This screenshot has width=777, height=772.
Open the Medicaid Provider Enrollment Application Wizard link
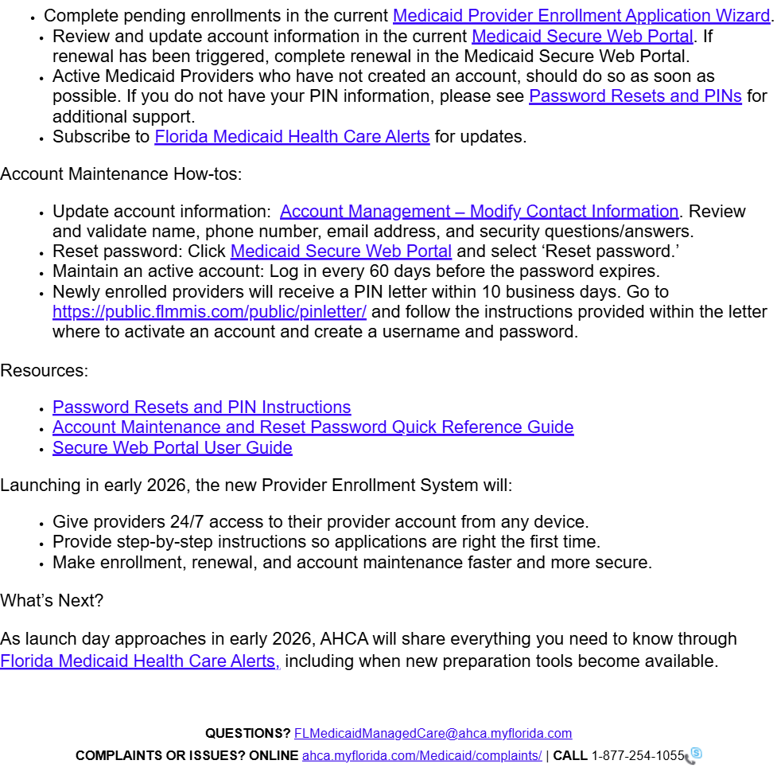point(581,16)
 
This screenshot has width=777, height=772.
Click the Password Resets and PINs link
point(635,96)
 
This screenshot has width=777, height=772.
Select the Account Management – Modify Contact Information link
point(479,212)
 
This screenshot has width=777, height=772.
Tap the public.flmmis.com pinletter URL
point(209,312)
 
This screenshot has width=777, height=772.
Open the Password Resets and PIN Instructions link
point(201,407)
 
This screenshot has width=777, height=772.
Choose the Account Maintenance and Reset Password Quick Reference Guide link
point(313,427)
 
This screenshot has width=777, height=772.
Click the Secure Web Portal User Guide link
point(172,448)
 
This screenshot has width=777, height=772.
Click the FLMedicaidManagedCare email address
point(433,734)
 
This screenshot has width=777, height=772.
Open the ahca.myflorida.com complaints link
point(422,755)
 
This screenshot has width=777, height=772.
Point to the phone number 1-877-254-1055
point(637,755)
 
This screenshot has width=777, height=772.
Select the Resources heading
point(44,371)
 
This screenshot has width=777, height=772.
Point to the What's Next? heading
point(52,601)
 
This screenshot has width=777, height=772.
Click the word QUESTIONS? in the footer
point(247,734)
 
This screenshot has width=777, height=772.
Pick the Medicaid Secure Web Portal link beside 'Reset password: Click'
point(340,251)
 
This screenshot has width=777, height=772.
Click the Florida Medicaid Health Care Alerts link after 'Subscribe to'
point(292,137)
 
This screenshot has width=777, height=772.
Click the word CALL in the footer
point(570,755)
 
